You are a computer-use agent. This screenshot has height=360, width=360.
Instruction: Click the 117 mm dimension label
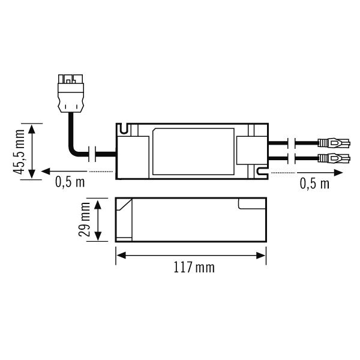pos(194,268)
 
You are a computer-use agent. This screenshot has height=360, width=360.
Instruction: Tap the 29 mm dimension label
pos(84,219)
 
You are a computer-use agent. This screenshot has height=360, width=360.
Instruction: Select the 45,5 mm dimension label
pos(19,152)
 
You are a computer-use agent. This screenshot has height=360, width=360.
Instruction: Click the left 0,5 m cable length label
pos(70,182)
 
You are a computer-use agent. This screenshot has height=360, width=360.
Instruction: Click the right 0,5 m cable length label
pos(314,184)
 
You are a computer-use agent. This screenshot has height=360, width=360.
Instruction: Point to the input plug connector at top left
pos(70,94)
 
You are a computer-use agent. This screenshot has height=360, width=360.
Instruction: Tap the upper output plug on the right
pos(334,143)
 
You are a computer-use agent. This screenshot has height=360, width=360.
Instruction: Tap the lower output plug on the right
pos(334,158)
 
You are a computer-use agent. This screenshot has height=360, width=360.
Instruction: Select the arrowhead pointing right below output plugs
pos(338,173)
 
